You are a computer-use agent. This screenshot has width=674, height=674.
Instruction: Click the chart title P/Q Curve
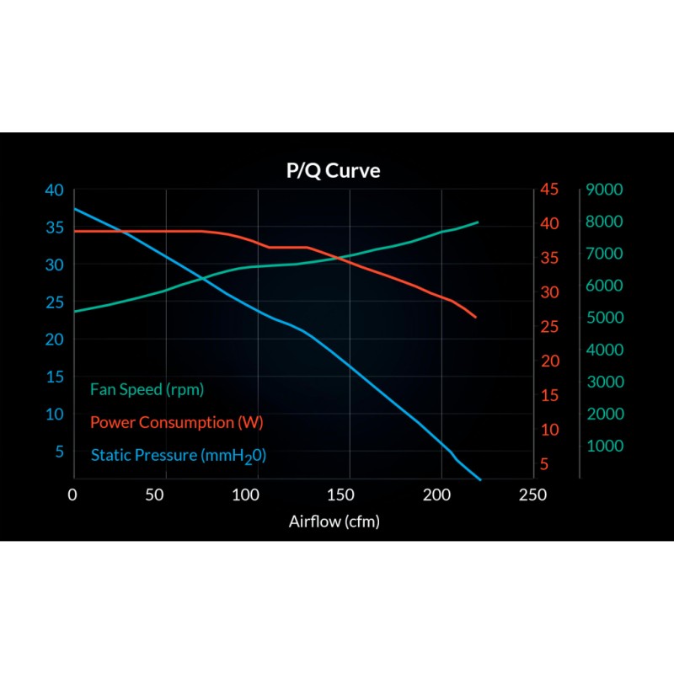click(333, 171)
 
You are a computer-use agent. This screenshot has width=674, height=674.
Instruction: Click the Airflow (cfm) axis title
click(334, 521)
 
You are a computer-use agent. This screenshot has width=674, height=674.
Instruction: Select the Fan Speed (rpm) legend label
click(147, 390)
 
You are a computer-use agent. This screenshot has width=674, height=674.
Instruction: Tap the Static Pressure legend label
click(178, 456)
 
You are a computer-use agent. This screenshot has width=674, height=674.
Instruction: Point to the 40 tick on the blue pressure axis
click(54, 190)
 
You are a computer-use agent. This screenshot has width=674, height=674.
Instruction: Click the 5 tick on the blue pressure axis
click(59, 452)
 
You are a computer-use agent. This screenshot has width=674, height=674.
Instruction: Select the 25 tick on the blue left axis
click(54, 302)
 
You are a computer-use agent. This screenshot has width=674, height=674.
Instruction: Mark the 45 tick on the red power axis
click(549, 190)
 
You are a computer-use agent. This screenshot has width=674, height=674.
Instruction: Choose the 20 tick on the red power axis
click(549, 361)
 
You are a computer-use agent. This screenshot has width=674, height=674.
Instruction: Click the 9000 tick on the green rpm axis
click(604, 190)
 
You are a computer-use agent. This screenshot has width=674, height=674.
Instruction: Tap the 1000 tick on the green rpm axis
click(604, 446)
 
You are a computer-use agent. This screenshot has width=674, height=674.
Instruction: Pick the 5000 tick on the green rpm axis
click(604, 318)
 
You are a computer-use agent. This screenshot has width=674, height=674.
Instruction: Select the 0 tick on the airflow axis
click(74, 495)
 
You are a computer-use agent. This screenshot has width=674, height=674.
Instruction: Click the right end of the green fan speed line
click(479, 222)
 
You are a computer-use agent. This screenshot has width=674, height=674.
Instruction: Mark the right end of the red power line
click(476, 318)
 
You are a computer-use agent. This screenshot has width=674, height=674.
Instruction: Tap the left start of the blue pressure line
click(75, 208)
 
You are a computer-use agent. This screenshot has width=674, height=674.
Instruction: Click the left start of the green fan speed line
click(75, 312)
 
